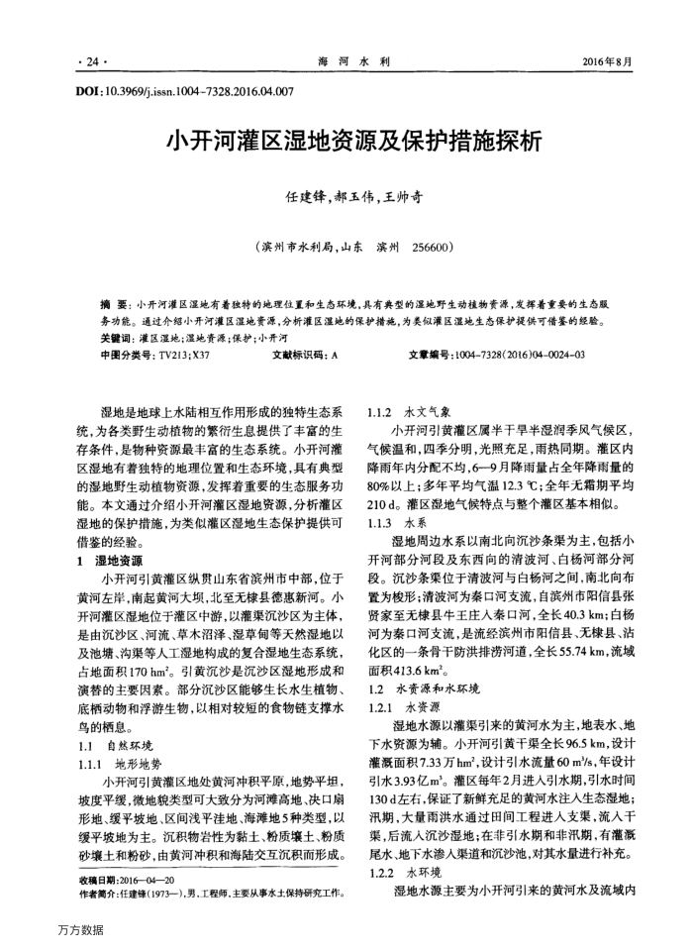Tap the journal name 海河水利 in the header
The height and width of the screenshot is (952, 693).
click(353, 61)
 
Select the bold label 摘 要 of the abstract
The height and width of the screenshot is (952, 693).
click(115, 305)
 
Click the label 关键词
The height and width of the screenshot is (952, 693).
click(118, 337)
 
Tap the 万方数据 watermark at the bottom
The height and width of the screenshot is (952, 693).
click(78, 930)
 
